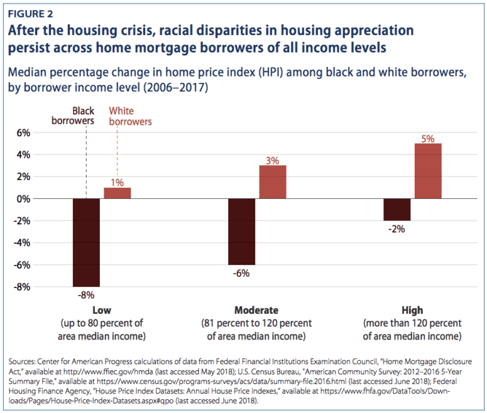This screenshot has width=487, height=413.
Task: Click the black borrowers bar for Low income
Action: (86, 242)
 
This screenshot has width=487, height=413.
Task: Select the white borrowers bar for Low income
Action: (117, 193)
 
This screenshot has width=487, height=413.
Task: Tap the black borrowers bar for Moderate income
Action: (241, 232)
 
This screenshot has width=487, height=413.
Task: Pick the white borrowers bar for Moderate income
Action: (272, 182)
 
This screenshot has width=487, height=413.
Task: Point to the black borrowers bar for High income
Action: (397, 210)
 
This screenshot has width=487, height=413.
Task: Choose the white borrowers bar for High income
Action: (428, 171)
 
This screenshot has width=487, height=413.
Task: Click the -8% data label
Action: (86, 294)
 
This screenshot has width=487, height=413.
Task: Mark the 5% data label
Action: (428, 138)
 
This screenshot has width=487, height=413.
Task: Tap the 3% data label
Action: (272, 160)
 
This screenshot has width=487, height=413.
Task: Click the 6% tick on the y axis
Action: (23, 133)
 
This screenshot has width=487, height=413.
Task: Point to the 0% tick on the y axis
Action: (23, 199)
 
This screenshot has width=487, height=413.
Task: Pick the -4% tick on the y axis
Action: (21, 243)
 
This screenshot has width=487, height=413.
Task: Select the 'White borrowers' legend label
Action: (130, 116)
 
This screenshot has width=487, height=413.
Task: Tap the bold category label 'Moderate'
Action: (256, 311)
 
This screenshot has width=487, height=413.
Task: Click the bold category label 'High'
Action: (412, 311)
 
